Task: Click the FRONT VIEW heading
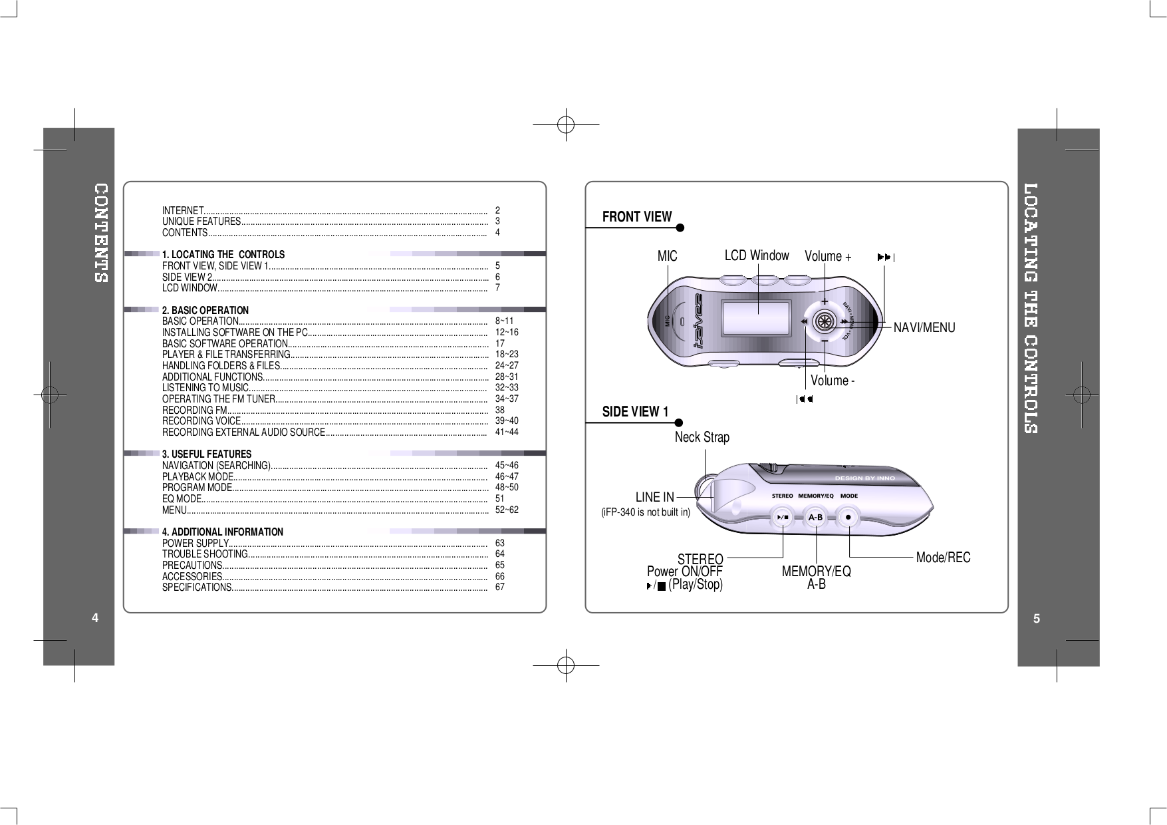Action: pos(636,217)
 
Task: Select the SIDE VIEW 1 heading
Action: pos(635,412)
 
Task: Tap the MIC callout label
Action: pos(667,256)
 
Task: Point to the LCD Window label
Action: pos(756,255)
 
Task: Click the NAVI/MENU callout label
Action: pos(924,327)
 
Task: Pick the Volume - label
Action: pos(832,381)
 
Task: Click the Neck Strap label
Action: pos(702,437)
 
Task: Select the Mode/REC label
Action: pos(943,558)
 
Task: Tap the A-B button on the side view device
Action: pos(815,517)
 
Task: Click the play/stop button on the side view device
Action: pos(783,517)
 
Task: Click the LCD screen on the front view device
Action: pos(757,318)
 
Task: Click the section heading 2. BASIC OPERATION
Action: pos(205,310)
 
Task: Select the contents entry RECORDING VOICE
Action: pos(201,421)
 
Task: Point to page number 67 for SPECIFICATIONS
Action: pos(500,587)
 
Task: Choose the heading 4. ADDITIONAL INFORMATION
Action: pos(223,532)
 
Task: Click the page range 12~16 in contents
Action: pos(506,332)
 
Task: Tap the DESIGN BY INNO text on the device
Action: pos(864,478)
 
